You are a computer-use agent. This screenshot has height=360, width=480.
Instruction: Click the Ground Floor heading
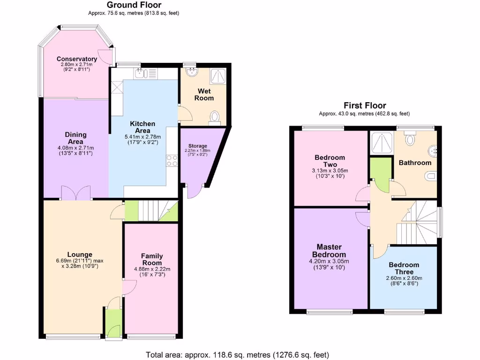pos(134,5)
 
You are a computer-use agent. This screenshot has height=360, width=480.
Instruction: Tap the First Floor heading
pos(365,105)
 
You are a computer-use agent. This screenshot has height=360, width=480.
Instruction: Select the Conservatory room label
pos(77,59)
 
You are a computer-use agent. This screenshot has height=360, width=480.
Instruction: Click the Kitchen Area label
pos(142,127)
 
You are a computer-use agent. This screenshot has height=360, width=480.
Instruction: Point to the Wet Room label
pos(204,94)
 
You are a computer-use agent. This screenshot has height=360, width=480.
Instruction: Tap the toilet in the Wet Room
pos(216,116)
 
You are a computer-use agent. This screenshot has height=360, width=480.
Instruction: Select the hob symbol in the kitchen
pos(172,161)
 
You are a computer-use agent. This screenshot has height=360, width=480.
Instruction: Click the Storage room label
pos(197,146)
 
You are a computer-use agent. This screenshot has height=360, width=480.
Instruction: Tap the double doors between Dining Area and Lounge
pos(76,193)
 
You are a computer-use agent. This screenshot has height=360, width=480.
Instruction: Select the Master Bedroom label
pos(329,250)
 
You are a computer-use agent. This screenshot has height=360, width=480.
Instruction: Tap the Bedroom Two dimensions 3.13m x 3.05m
pos(330,171)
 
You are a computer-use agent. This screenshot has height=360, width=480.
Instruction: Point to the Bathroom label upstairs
pos(414,163)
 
